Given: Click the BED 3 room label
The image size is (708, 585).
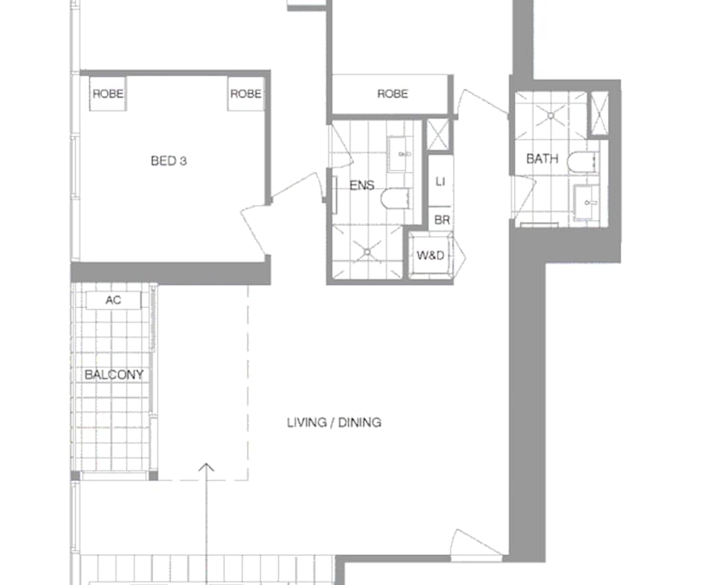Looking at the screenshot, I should (x=168, y=160).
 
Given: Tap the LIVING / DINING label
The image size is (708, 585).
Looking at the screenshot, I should (x=333, y=422).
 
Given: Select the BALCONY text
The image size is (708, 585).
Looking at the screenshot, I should (x=114, y=375).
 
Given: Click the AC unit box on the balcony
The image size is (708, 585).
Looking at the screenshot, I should (x=112, y=301).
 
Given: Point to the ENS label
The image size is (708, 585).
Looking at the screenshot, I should (x=362, y=185).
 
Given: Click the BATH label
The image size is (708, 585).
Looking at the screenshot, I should (x=542, y=159).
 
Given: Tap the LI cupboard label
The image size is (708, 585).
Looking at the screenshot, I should (x=440, y=181).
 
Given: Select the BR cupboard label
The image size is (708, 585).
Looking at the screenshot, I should (x=441, y=220).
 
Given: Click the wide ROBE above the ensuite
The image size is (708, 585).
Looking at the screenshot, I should (x=392, y=94).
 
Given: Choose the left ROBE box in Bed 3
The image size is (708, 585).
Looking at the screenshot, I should (x=108, y=94).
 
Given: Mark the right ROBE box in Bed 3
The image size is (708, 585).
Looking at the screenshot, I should (x=245, y=94).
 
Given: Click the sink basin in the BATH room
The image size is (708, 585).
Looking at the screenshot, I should (x=588, y=202).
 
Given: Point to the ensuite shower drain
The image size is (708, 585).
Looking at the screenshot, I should (x=369, y=251).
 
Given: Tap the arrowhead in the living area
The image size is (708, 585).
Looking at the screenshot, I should (x=205, y=468).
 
